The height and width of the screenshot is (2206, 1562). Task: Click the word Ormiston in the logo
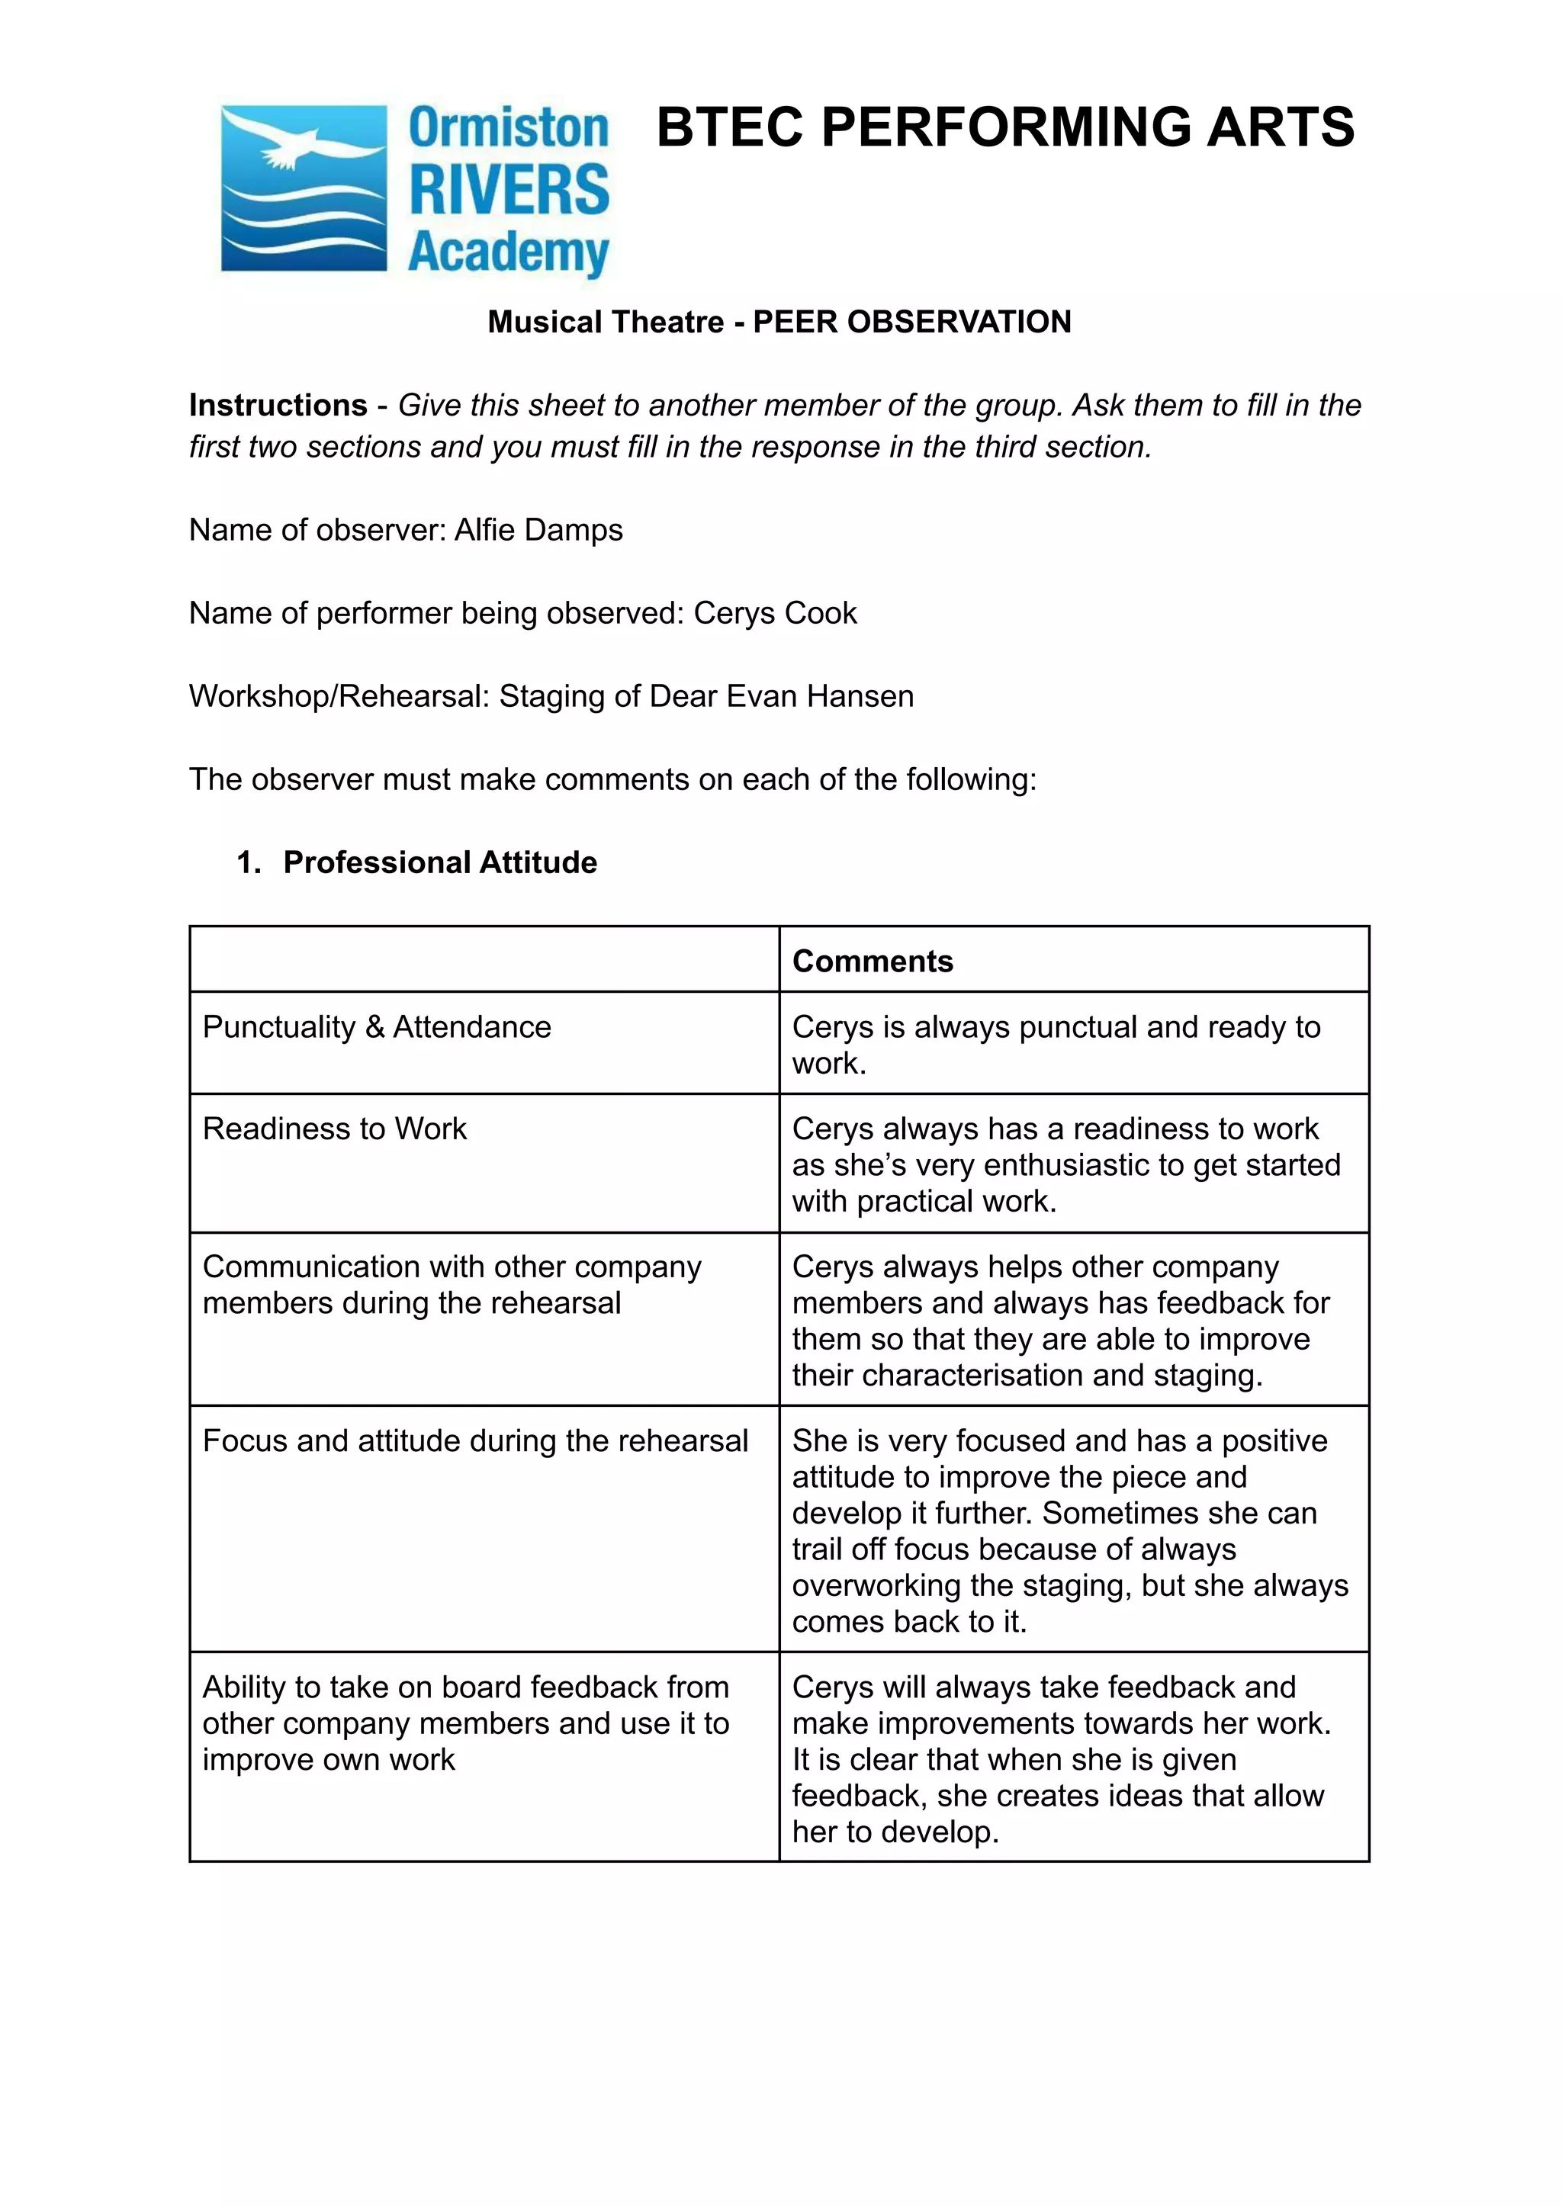pyautogui.click(x=509, y=129)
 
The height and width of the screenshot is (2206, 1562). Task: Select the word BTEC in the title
pyautogui.click(x=729, y=128)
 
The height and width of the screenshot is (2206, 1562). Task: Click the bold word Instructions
pyautogui.click(x=278, y=405)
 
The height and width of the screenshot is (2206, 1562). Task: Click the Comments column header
pyautogui.click(x=873, y=961)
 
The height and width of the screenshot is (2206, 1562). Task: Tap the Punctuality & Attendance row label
pyautogui.click(x=376, y=1027)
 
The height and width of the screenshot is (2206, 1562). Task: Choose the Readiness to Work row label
pyautogui.click(x=334, y=1128)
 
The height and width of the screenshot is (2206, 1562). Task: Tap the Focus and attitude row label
pyautogui.click(x=474, y=1440)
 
